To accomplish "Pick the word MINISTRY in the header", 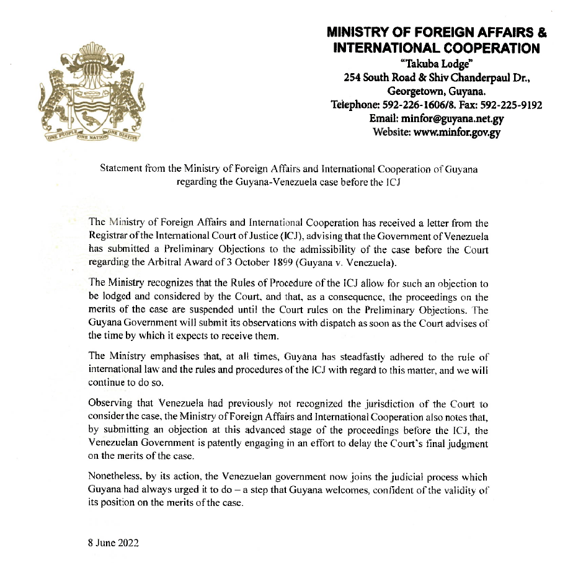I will [360, 32].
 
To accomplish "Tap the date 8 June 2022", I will [114, 543].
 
